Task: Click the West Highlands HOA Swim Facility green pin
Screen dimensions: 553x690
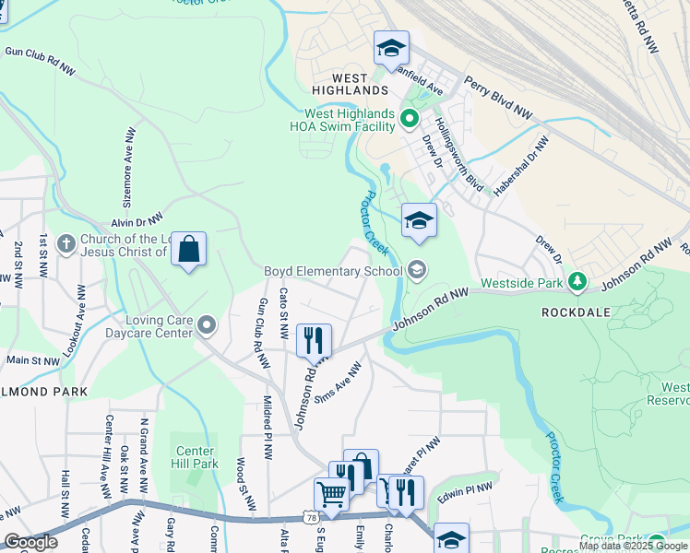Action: [410, 118]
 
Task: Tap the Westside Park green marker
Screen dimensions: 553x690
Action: [577, 280]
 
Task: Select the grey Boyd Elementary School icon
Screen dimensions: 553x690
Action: [416, 269]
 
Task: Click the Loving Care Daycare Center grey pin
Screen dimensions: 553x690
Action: [208, 324]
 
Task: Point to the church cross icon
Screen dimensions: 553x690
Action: [65, 243]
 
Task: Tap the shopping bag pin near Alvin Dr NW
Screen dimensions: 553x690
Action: [188, 249]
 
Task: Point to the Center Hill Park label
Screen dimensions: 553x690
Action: [196, 457]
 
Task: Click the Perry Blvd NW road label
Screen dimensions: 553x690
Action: [499, 97]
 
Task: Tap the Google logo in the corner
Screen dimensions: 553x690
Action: [30, 542]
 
